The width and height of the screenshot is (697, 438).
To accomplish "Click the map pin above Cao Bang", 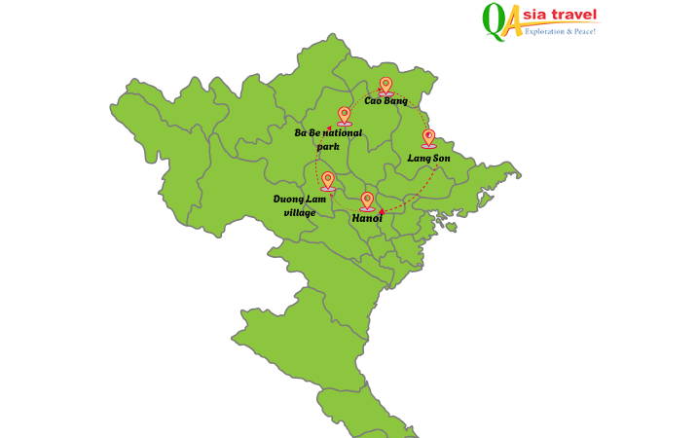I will coord(385,86).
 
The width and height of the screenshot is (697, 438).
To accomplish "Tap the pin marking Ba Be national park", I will coord(344,115).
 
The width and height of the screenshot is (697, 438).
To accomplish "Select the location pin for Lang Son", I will coord(428,137).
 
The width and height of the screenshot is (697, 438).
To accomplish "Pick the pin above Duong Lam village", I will coord(328,180).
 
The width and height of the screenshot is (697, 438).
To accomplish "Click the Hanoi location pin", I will coord(367,201).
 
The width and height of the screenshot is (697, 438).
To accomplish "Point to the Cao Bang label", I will coord(385,100).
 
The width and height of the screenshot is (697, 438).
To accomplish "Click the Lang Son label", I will coord(428,158).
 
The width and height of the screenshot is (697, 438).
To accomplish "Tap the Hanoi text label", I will coord(367,219).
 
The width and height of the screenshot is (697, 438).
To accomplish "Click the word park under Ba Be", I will coord(328,147).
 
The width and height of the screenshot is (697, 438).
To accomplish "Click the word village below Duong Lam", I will coord(299,212).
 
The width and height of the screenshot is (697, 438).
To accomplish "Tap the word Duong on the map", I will coord(287,199).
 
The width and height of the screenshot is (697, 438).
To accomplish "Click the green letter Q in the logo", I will coord(495,19).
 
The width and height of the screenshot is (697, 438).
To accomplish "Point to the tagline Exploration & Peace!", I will coord(560,32).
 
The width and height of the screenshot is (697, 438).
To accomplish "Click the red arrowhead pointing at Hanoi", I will coord(382,211).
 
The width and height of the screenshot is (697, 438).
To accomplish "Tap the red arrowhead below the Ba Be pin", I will coord(330,128).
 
